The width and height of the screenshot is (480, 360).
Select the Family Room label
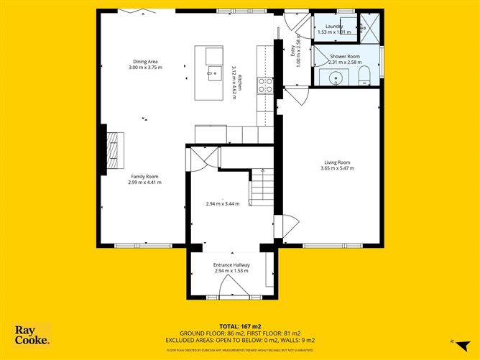point(144,176)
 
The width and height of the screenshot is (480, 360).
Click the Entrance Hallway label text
point(231,264)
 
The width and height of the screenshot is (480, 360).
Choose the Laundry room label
point(334,26)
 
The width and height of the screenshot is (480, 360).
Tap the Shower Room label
point(344,55)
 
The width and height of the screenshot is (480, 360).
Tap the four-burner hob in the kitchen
point(264,86)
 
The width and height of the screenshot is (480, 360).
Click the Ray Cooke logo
point(32,336)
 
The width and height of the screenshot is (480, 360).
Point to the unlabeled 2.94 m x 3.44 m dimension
point(221,204)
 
